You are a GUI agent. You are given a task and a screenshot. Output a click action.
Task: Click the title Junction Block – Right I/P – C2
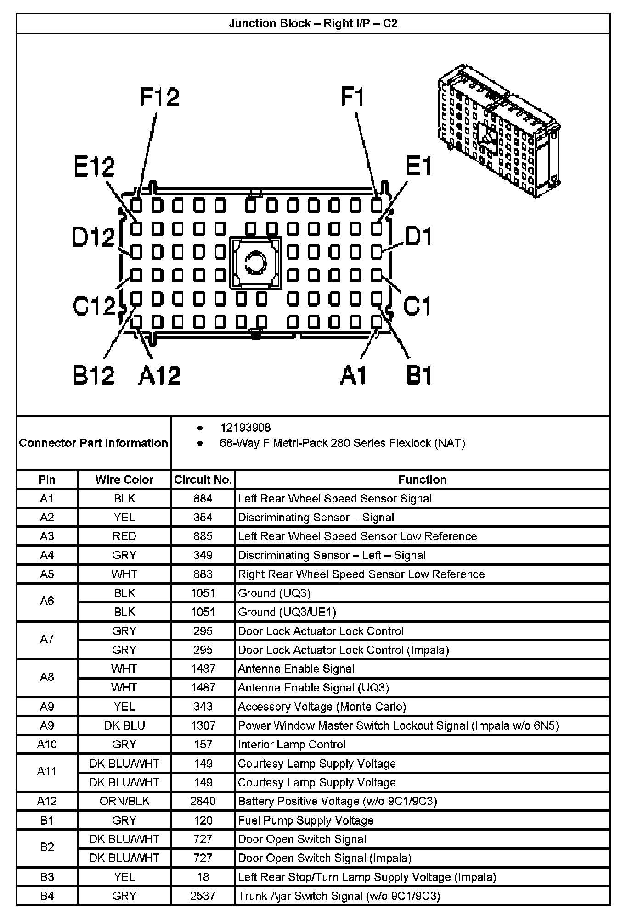(x=313, y=23)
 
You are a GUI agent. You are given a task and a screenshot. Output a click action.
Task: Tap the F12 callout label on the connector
(x=159, y=98)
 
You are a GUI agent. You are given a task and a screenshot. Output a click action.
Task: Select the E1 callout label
(x=418, y=166)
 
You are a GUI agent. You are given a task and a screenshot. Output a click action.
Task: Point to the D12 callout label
(x=93, y=238)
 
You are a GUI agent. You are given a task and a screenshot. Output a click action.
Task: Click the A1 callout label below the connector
(x=353, y=375)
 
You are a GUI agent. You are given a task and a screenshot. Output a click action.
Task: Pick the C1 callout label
(x=417, y=306)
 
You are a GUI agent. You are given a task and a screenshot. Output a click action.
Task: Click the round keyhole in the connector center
(x=256, y=263)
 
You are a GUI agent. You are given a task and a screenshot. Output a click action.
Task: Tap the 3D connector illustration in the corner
(x=498, y=131)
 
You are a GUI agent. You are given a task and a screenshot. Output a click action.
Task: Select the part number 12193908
(x=245, y=428)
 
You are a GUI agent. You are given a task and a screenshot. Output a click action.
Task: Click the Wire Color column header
(x=124, y=479)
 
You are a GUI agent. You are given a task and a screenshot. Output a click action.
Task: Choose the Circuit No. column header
(x=203, y=479)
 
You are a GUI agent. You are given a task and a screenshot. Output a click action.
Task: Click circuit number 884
(x=203, y=498)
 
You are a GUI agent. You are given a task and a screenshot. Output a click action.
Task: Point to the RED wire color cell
(x=124, y=536)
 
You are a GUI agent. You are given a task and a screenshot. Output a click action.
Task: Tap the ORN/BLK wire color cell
(x=124, y=801)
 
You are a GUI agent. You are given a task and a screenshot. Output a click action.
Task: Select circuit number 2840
(x=203, y=801)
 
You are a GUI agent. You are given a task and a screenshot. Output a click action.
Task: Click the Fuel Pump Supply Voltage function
(x=305, y=820)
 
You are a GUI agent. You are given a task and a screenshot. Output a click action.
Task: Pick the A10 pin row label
(x=47, y=744)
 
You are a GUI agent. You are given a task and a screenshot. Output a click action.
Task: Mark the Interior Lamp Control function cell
(x=291, y=744)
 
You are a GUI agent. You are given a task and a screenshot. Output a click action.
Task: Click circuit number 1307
(x=203, y=725)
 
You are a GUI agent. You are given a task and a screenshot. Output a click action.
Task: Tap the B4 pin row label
(x=47, y=896)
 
